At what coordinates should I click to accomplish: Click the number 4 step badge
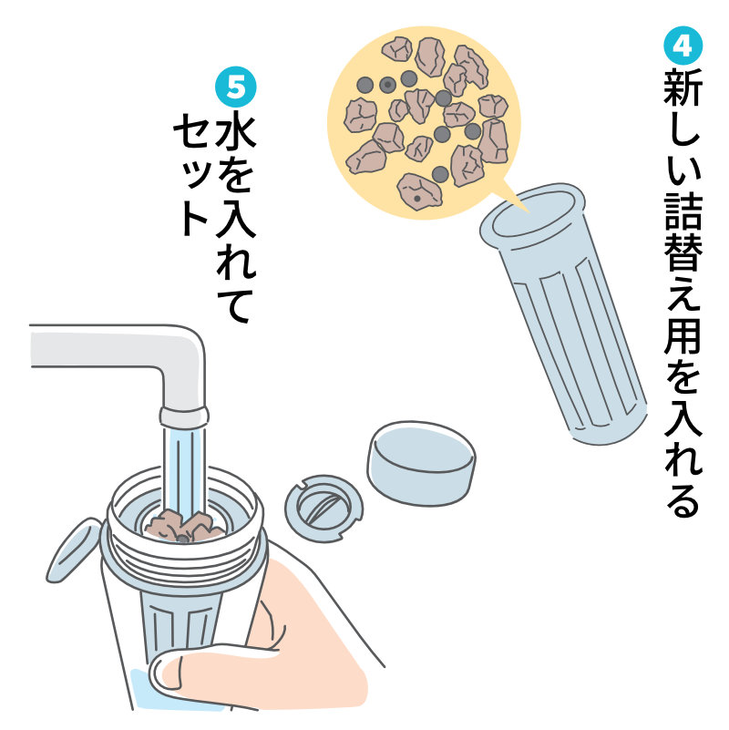(x=682, y=46)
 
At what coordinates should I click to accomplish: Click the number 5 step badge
(x=235, y=87)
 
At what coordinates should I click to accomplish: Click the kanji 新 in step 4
(x=683, y=88)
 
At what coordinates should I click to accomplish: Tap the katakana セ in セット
(x=192, y=130)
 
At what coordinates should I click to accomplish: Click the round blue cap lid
(x=421, y=463)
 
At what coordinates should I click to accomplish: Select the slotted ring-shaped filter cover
(x=323, y=508)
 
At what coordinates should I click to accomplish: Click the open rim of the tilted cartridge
(x=533, y=214)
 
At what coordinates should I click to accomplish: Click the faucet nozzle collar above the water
(x=184, y=417)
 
